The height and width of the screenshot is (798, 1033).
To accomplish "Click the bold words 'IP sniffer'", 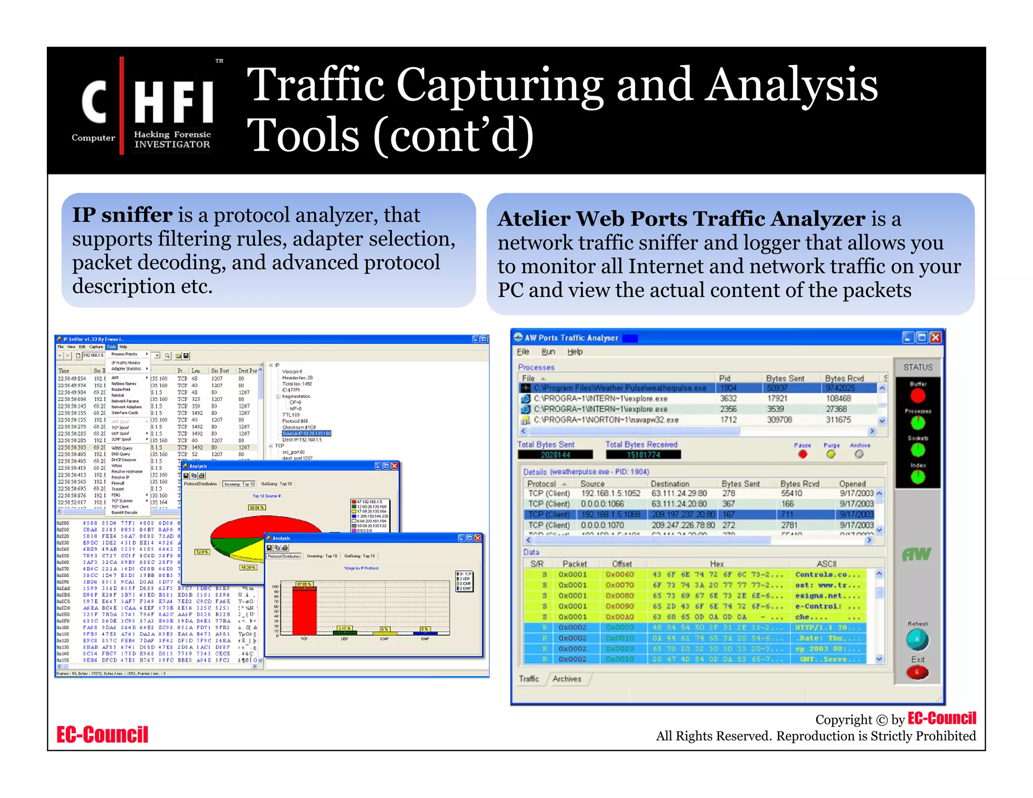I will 123,215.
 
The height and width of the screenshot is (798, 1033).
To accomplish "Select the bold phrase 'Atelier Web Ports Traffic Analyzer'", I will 681,219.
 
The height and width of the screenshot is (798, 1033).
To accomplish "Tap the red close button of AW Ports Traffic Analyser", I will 935,337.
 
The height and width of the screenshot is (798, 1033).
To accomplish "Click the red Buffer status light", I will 917,396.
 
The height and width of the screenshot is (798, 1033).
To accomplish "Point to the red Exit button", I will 917,672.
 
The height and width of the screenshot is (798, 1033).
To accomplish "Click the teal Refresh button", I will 917,640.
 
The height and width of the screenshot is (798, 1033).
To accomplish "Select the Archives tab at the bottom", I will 566,679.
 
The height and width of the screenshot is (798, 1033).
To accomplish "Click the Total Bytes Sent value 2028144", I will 555,455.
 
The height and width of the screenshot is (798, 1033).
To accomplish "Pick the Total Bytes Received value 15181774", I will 643,455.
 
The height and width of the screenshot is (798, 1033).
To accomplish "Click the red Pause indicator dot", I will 802,454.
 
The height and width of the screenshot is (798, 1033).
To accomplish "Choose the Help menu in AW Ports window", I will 575,352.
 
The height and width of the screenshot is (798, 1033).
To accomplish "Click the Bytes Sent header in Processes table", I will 785,378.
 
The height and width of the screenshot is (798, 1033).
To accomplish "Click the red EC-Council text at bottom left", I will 102,735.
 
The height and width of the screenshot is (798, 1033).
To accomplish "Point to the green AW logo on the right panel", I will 916,555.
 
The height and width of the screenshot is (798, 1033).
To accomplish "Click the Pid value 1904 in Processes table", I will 728,388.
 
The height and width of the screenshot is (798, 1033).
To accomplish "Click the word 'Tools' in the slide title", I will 305,135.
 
